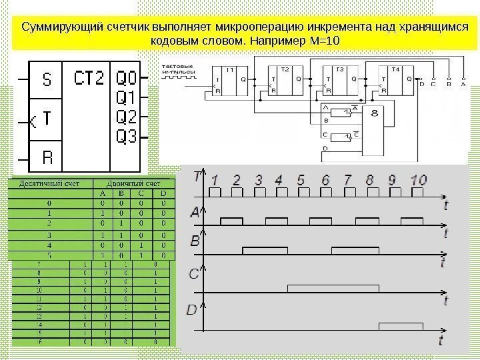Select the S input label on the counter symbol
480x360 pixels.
[47, 80]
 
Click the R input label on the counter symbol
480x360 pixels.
[47, 159]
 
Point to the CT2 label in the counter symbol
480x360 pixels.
[89, 79]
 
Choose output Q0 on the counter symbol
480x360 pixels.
[126, 77]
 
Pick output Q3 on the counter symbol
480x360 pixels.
[126, 137]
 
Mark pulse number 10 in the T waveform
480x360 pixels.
[418, 180]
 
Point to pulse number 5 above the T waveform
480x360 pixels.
[301, 180]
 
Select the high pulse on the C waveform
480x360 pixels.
[333, 288]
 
